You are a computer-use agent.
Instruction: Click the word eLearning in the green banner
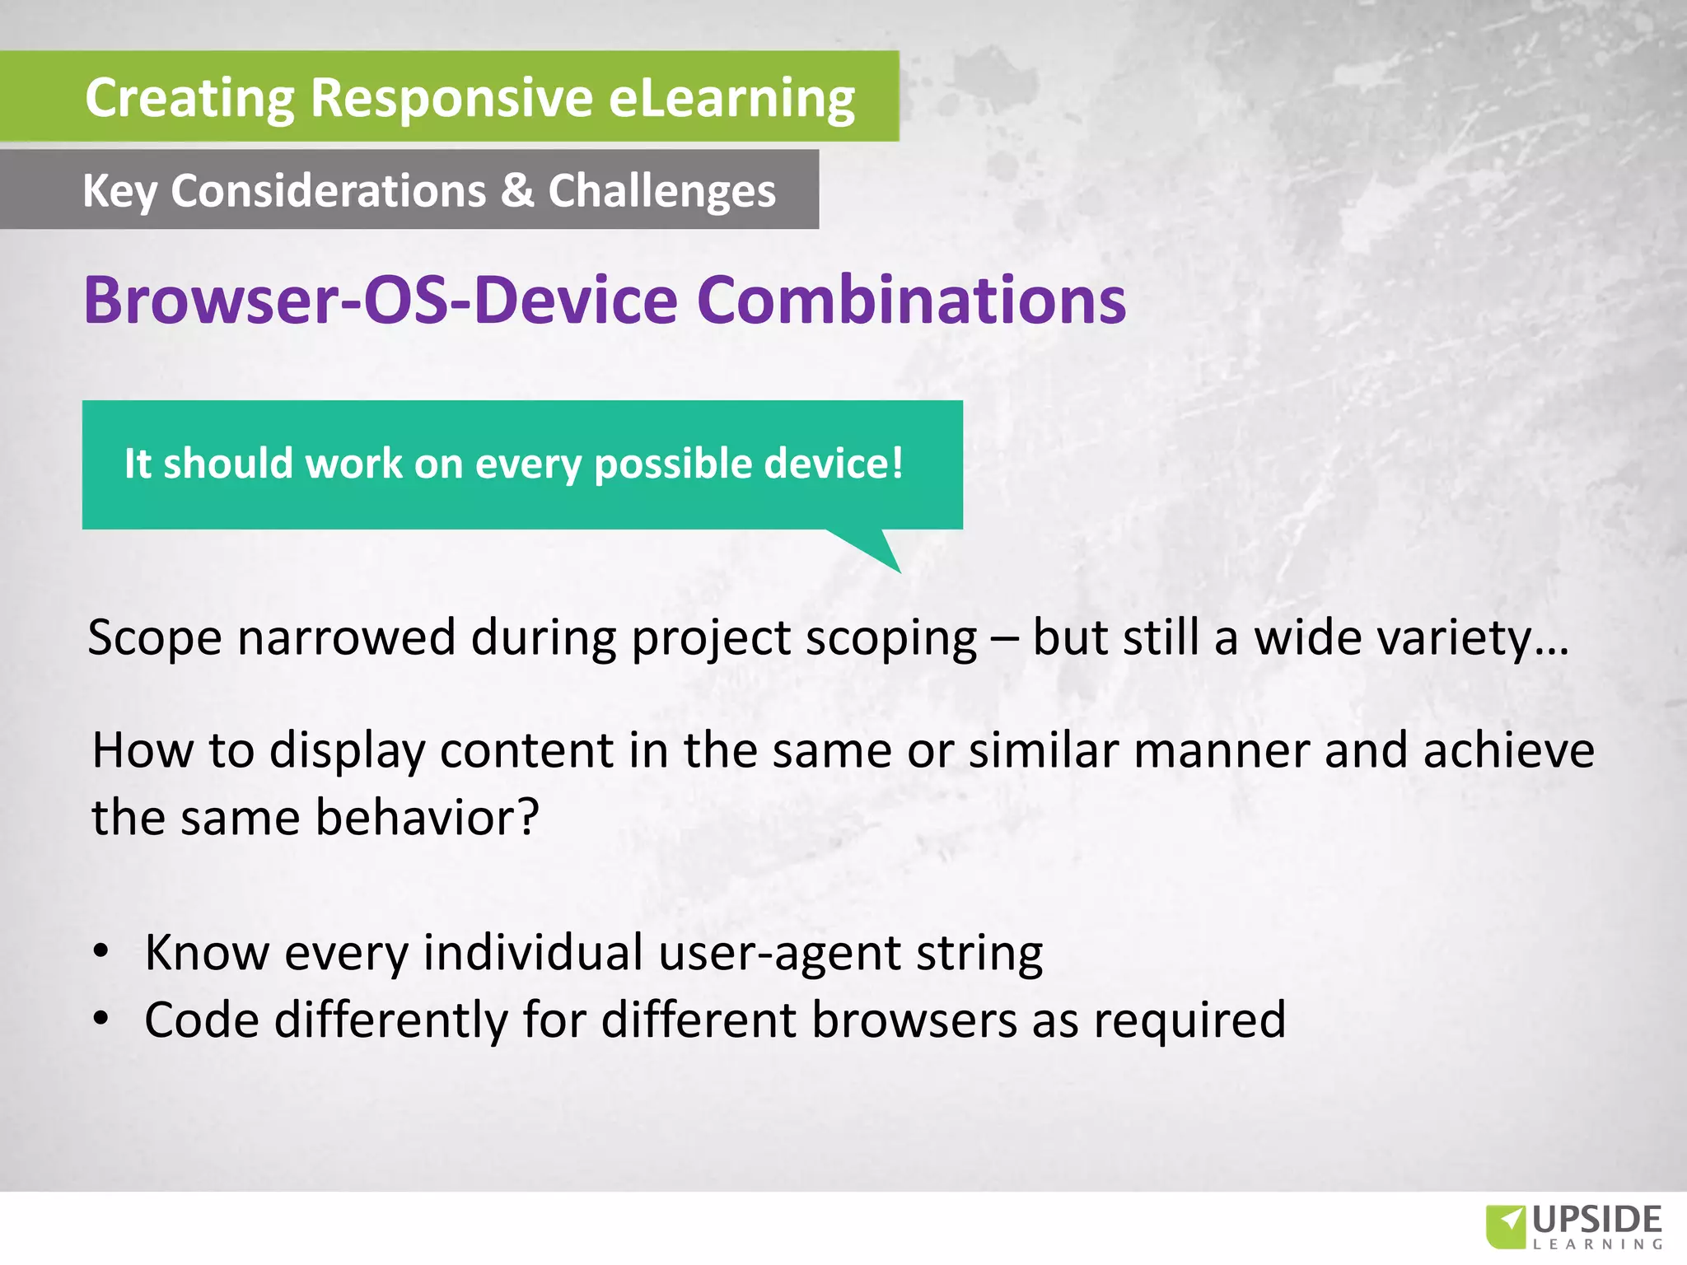(x=731, y=98)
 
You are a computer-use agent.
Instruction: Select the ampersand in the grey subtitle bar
(x=516, y=190)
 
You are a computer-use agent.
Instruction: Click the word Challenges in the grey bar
(x=661, y=192)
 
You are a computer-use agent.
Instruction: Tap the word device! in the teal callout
(x=833, y=464)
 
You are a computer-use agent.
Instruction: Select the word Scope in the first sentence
(x=155, y=638)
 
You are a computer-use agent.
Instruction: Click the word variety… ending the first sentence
(x=1411, y=638)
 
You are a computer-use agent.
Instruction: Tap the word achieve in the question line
(x=1508, y=750)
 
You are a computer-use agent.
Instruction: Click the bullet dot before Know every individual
(x=100, y=952)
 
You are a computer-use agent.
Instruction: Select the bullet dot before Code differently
(x=100, y=1020)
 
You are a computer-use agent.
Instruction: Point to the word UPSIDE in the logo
(x=1597, y=1219)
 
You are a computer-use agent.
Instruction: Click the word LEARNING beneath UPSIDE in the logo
(x=1597, y=1244)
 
